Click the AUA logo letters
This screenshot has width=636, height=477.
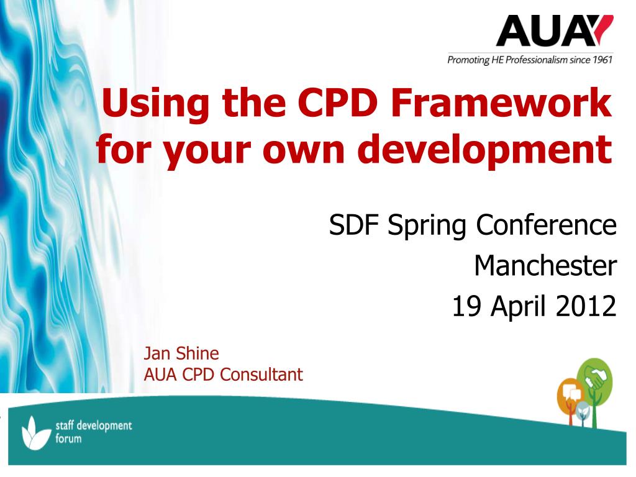[x=544, y=31]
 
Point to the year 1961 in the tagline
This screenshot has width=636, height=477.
[x=602, y=60]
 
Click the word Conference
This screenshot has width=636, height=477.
[x=546, y=225]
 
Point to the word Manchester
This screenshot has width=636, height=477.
[x=545, y=266]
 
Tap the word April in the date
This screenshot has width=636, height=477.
[x=518, y=306]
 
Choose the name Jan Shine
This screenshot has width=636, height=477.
[x=181, y=353]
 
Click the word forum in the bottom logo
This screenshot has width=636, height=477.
[x=68, y=438]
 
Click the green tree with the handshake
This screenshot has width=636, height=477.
[x=594, y=382]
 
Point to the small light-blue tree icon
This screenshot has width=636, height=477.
[x=583, y=412]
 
